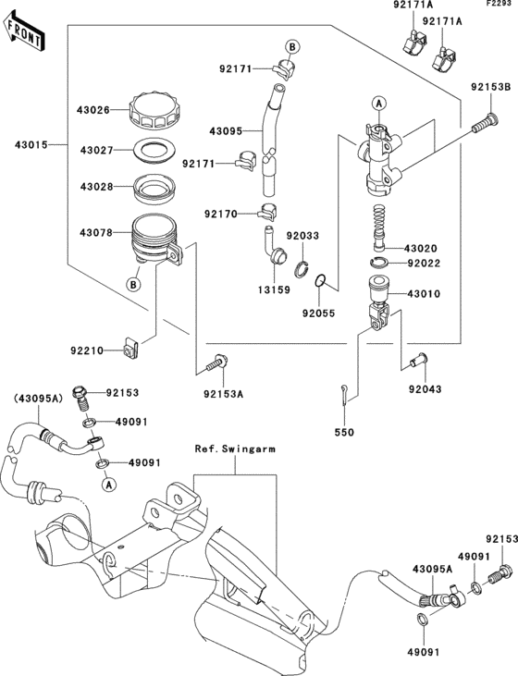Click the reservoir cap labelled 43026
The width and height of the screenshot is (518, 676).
tap(154, 110)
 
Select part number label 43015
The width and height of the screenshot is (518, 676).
tap(31, 145)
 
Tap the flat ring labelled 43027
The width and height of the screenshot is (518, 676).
tap(155, 151)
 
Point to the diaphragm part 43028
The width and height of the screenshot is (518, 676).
tap(154, 189)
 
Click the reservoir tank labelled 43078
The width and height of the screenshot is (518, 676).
tap(156, 240)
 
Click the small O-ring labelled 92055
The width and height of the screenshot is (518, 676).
tap(319, 281)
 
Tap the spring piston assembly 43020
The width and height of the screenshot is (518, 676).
tap(380, 227)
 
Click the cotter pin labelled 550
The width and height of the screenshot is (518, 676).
tap(345, 395)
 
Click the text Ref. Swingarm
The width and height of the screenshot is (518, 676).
tap(235, 449)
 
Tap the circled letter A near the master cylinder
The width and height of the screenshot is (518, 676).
tap(378, 104)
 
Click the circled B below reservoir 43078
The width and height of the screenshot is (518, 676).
tap(133, 285)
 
